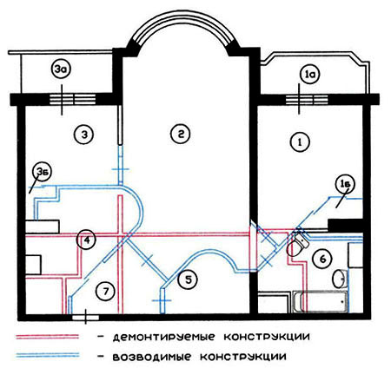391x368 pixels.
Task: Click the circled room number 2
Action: coord(181,134)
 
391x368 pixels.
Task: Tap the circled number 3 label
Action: coord(83,135)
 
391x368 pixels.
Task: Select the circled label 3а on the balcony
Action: coord(61,70)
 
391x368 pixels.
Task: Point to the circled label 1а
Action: coord(309,75)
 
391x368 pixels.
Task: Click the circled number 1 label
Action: coord(300,142)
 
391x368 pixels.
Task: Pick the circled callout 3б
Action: coord(43,172)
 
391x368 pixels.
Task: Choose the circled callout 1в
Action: coord(345,185)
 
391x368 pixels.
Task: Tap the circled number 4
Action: coord(86,240)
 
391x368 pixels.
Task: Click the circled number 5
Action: coord(189,279)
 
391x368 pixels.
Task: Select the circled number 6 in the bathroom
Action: coord(322,259)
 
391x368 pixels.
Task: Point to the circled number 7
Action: coord(106,291)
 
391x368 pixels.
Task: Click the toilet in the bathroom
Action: coord(297,246)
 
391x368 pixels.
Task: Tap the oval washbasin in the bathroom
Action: coord(339,279)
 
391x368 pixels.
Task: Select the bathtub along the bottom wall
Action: coord(320,302)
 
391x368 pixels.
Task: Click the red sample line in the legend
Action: coord(47,337)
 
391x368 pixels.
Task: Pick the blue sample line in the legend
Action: coord(47,355)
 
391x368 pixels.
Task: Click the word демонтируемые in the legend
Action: coord(163,337)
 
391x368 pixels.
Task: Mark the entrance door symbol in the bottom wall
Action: coord(85,317)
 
